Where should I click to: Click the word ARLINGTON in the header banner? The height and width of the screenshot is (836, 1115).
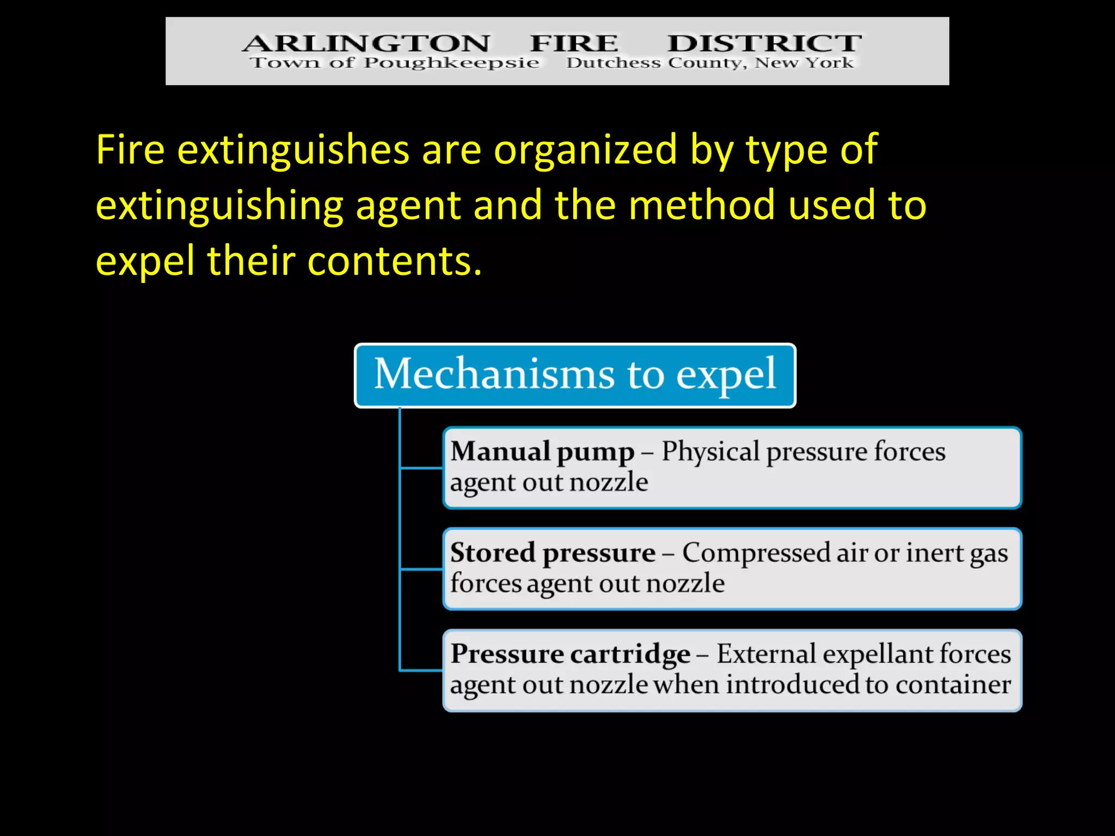[x=366, y=43]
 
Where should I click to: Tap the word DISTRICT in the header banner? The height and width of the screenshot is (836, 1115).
[x=764, y=43]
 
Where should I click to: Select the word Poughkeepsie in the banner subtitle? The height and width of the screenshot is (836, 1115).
[x=451, y=63]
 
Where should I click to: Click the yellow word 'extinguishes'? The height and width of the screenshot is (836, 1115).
[x=293, y=150]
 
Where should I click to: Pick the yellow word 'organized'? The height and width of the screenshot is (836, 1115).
[x=585, y=150]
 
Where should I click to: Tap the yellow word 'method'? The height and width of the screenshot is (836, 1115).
[x=702, y=205]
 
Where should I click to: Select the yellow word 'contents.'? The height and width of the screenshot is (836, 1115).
[x=395, y=261]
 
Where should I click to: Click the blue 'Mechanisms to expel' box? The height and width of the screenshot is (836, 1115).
[x=575, y=376]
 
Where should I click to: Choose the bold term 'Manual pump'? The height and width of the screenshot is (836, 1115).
[x=542, y=452]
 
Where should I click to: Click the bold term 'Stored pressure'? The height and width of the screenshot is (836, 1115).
[x=553, y=553]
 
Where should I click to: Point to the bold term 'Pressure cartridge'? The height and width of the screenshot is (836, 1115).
[x=570, y=654]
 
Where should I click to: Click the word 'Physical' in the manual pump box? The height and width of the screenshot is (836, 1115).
[x=710, y=452]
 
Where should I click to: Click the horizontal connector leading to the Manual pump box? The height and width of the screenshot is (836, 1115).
[x=421, y=468]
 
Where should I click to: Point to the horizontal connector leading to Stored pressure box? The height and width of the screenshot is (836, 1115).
[x=421, y=569]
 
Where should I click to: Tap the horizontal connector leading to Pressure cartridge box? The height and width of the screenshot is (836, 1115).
[x=421, y=671]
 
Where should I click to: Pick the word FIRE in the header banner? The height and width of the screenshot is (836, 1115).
[x=574, y=43]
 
